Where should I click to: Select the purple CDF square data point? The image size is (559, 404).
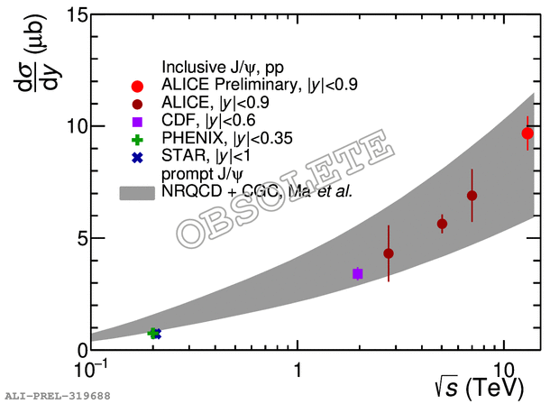[358, 273]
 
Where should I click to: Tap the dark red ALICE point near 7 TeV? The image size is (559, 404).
[472, 196]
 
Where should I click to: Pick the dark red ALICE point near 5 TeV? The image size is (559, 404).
[442, 224]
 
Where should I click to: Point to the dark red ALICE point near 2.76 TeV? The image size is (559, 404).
[389, 253]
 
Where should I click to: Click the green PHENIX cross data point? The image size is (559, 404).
[153, 334]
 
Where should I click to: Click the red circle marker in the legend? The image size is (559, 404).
[137, 87]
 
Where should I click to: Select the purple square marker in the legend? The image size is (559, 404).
[137, 122]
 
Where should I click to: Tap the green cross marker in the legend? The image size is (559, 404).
[137, 139]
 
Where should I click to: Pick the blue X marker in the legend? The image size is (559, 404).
[137, 157]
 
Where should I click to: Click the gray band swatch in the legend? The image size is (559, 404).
[137, 192]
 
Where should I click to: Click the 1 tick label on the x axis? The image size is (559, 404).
[298, 369]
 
